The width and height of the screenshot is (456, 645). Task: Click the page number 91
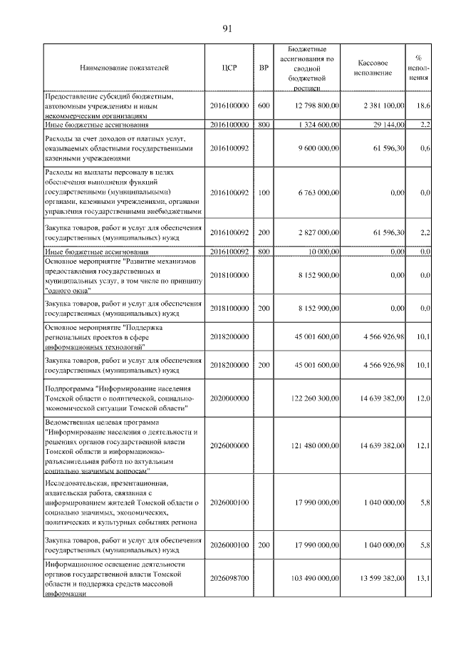point(228,29)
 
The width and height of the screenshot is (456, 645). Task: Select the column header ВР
point(264,68)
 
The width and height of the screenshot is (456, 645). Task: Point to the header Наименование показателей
point(125,68)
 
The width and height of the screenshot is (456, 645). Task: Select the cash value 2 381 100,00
point(383,105)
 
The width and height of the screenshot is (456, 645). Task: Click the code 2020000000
point(229,396)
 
